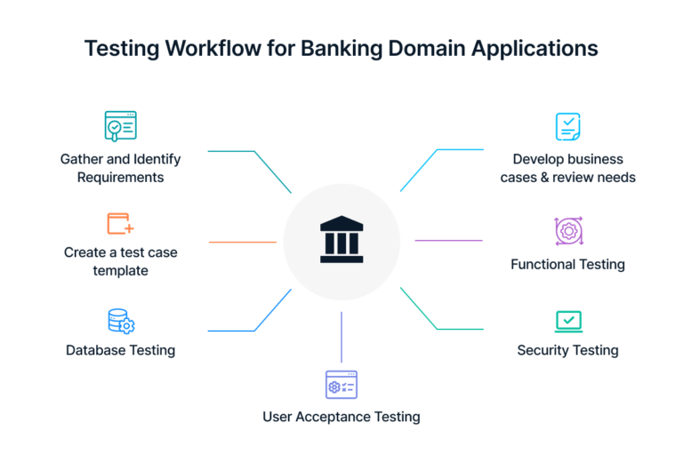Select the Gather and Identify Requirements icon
(120, 127)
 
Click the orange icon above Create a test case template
(120, 222)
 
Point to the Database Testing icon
(120, 321)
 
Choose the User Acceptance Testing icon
(341, 385)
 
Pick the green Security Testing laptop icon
(567, 321)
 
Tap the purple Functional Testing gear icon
(567, 231)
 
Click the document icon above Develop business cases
(567, 127)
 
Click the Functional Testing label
(567, 264)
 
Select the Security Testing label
(567, 350)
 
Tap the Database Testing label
(120, 350)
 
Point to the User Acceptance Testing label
(341, 416)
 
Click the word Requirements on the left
(120, 177)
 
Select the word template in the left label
(120, 270)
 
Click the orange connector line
(242, 242)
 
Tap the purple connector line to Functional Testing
(448, 241)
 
